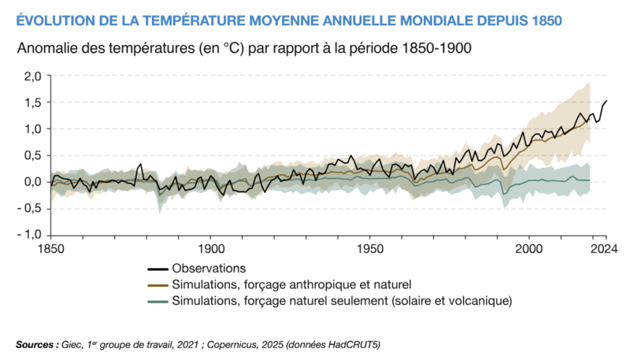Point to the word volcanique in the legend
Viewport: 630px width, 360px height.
point(481,301)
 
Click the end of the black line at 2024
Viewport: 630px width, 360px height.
point(606,101)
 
